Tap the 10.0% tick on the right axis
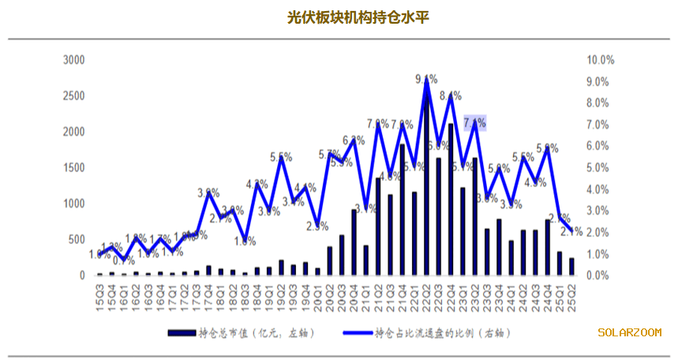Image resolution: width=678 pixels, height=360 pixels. [x=600, y=60]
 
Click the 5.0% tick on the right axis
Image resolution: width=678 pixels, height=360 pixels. [x=600, y=168]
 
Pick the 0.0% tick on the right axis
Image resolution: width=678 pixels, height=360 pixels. [x=600, y=276]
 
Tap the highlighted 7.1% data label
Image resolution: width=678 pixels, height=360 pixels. [x=474, y=122]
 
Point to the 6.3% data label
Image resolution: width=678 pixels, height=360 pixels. [x=354, y=141]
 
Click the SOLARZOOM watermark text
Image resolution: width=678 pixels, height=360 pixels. [x=630, y=333]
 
